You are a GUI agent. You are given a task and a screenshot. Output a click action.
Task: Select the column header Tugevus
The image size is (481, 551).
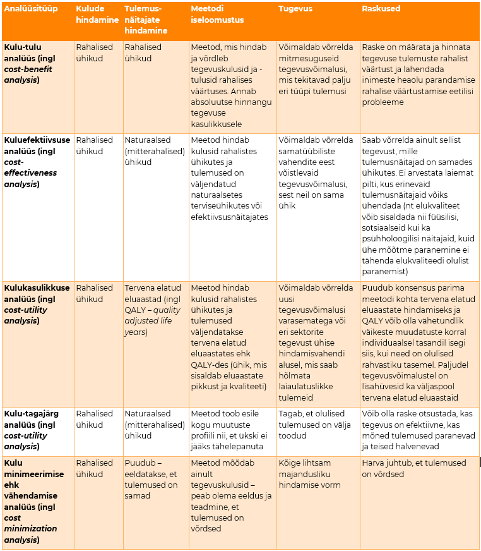(x=295, y=9)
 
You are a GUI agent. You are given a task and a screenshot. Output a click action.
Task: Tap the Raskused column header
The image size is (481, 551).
(x=381, y=9)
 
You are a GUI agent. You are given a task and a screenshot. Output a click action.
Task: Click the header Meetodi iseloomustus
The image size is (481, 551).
(x=217, y=15)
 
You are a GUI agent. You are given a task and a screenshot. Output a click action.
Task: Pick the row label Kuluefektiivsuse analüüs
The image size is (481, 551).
(x=37, y=162)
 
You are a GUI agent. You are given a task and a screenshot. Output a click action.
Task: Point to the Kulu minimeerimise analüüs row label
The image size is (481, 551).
(x=32, y=501)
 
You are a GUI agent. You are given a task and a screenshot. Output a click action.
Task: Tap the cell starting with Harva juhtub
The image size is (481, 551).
(x=413, y=468)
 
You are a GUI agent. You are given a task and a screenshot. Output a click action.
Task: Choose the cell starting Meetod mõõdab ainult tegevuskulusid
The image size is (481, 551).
(x=231, y=496)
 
